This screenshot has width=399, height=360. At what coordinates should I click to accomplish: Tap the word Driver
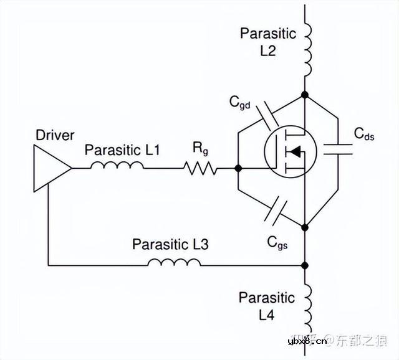coord(55,135)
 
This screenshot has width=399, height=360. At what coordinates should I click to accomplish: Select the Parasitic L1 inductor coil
coord(117,166)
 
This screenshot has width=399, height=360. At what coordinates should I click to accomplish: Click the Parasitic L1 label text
coord(123,149)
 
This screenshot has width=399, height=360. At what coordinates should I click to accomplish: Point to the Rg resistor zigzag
coord(200,168)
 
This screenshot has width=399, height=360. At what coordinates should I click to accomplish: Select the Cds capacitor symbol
coord(340,147)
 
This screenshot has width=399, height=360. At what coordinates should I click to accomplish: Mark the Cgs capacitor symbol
coord(274,211)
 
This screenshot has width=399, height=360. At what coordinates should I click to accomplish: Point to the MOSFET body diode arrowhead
coord(296,151)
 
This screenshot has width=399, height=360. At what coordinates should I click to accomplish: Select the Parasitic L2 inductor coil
coord(307,47)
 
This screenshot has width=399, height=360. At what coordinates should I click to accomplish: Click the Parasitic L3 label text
coord(170,244)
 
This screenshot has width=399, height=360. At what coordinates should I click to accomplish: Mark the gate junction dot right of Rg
coord(238,168)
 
